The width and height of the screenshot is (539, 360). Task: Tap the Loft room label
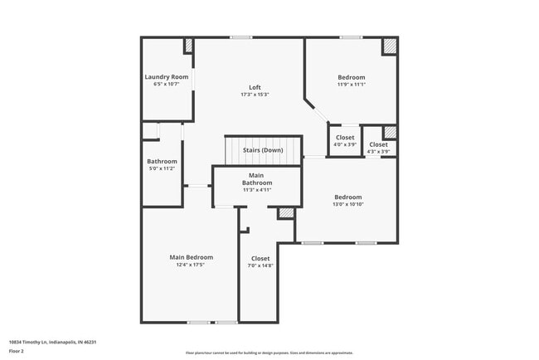[256, 88]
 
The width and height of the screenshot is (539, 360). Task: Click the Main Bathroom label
[257, 179]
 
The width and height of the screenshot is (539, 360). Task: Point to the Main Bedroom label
[191, 257]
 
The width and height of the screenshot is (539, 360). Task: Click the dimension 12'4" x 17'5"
[191, 265]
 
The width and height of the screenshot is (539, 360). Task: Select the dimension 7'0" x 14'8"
[260, 265]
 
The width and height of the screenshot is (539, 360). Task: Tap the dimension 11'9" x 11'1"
[351, 85]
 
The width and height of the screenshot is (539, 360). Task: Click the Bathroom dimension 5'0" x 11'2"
[162, 168]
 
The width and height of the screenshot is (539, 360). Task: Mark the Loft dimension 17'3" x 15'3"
[256, 95]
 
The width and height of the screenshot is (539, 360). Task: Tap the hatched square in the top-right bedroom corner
[389, 46]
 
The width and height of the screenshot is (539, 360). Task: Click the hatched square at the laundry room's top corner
[188, 46]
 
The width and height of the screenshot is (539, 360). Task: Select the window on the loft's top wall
[241, 37]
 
